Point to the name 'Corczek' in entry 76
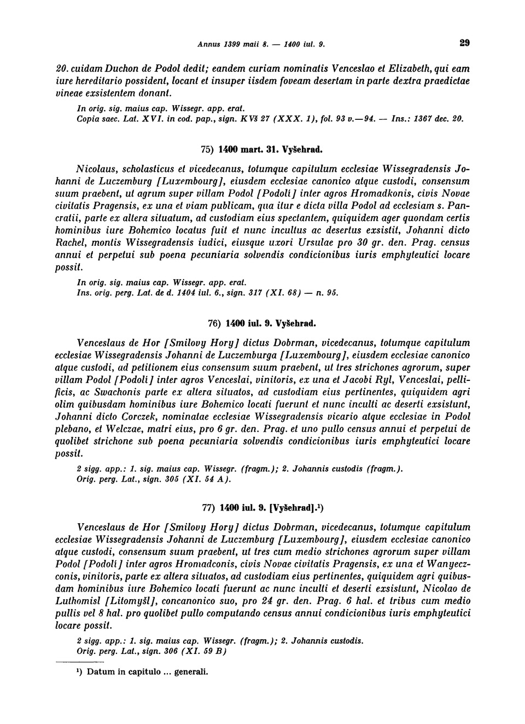[x=132, y=416]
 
